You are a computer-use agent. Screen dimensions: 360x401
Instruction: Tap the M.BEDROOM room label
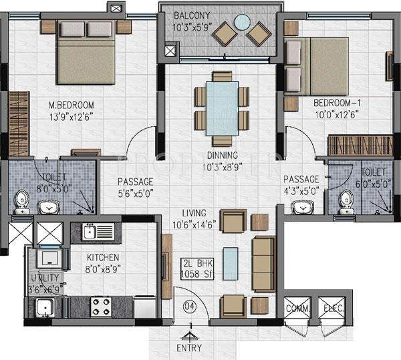(x=72, y=105)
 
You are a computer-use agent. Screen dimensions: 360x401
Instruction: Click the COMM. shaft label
(x=296, y=309)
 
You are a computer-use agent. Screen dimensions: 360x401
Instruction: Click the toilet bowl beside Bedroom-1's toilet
(x=346, y=197)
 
